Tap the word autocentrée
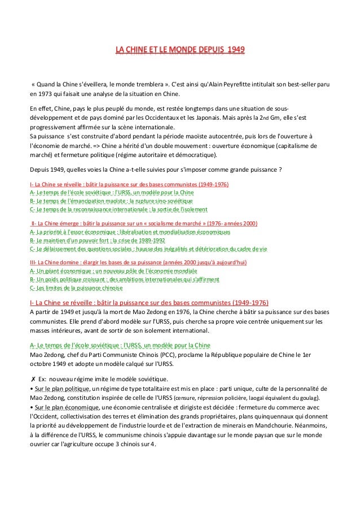click(x=205, y=136)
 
